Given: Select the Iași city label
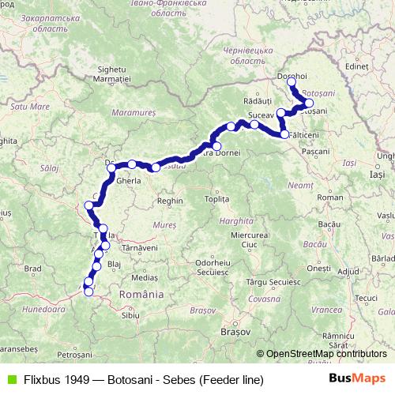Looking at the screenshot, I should tap(377, 173).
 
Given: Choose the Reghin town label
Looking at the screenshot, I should tap(170, 201).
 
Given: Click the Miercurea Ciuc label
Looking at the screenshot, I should tap(244, 240).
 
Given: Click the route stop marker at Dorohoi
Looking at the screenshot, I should tap(292, 82).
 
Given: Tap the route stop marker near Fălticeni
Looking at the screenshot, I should tap(285, 135).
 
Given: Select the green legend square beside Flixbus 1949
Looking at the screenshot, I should tap(9, 380).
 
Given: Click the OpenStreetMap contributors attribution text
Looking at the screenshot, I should tap(325, 354).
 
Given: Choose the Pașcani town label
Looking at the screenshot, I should tap(315, 150).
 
